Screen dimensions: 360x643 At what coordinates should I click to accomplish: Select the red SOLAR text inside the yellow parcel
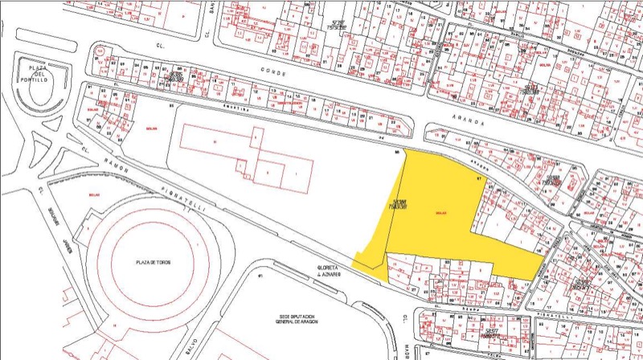tap(440, 212)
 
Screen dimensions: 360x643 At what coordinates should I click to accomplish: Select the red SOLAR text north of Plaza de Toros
tap(94, 194)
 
